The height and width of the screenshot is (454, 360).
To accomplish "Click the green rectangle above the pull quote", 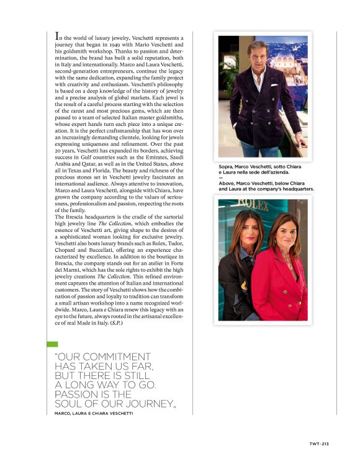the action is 52,344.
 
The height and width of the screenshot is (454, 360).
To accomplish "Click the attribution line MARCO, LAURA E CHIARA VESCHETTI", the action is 94,413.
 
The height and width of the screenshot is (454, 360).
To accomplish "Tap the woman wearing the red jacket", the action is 281,273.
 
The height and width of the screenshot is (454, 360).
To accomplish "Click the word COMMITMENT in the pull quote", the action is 109,357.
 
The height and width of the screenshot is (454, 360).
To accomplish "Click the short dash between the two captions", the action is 221,178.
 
